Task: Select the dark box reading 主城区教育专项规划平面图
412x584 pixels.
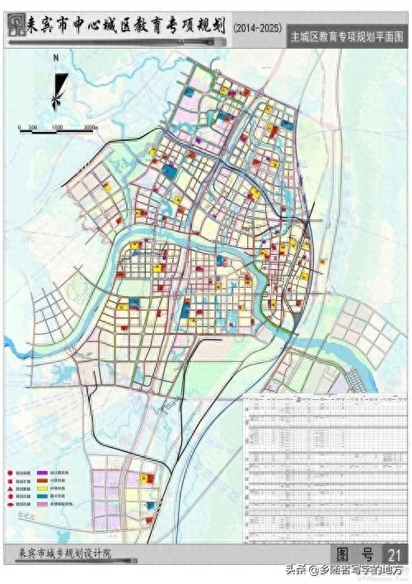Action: tap(347, 38)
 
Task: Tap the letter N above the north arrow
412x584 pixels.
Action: tap(55, 59)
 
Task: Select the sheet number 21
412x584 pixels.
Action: tap(395, 553)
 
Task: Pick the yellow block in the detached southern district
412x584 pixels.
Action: tap(148, 478)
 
